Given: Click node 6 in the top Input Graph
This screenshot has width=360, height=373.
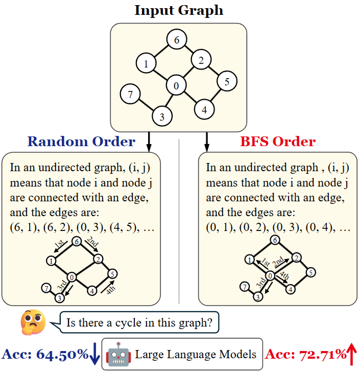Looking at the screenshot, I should pos(177,40).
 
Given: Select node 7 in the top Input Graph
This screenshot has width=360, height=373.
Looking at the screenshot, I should pos(130,94).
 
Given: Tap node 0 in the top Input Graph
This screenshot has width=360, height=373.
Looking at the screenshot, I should pos(176,86).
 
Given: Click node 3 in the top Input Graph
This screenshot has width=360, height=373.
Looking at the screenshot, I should pos(162,116).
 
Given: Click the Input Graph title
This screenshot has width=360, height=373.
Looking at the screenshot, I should pos(179,10).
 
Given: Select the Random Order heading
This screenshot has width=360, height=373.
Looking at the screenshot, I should pos(81,142).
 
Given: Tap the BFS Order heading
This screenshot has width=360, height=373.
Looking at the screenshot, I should pos(278,142).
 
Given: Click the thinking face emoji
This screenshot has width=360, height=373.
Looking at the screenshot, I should pos(33,321).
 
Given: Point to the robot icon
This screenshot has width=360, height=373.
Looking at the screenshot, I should pos(118,354).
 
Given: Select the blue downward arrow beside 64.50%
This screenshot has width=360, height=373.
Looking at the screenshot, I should pos(94,354).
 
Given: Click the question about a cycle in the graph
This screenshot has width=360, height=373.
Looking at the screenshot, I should pos(143,322).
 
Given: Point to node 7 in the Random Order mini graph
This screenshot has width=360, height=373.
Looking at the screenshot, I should pos(46,288).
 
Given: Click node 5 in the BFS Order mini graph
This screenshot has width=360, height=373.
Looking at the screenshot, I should pos(310,272).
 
